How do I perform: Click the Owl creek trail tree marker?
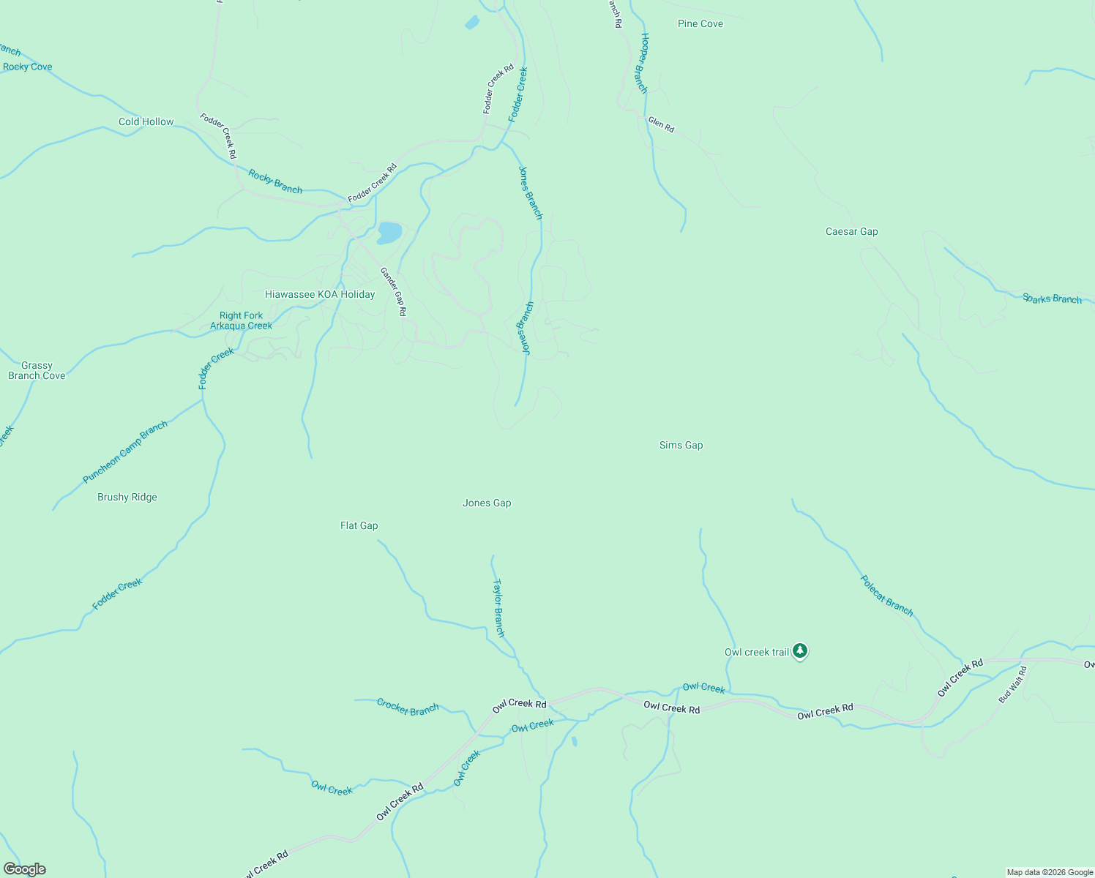pos(800,650)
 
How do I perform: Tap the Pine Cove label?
pos(700,24)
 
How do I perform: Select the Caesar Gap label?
pos(851,232)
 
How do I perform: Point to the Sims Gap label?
pos(681,446)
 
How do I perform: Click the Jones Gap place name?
pos(487,503)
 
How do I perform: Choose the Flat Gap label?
pos(359,526)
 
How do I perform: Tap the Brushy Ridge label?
pos(127,498)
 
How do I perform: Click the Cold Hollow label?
pos(146,122)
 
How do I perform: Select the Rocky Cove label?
pos(28,67)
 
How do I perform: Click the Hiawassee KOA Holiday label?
pos(320,295)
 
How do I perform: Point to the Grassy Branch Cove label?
pos(37,371)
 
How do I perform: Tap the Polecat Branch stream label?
pos(886,596)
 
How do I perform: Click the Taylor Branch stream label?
pos(498,608)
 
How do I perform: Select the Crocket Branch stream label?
pos(408,708)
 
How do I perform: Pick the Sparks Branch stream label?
pos(1052,299)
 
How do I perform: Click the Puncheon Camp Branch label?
pos(125,452)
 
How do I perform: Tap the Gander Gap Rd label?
pos(393,292)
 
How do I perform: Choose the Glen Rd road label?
pos(661,125)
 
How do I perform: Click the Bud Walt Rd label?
pos(1013,685)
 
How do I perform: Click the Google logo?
pos(25,869)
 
